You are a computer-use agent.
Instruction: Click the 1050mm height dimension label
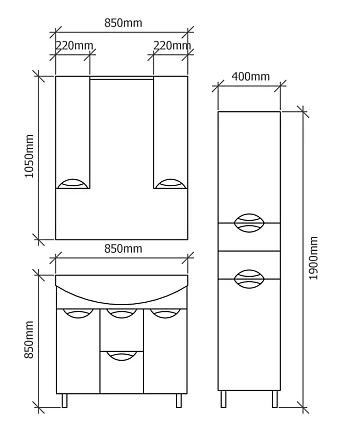pyautogui.click(x=30, y=156)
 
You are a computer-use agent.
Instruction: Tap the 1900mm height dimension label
pyautogui.click(x=314, y=258)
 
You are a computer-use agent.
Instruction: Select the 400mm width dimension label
pyautogui.click(x=251, y=76)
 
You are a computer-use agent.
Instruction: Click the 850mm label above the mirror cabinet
pyautogui.click(x=123, y=23)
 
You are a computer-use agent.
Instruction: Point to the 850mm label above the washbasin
pyautogui.click(x=123, y=249)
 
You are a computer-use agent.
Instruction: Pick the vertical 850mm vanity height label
pyautogui.click(x=29, y=340)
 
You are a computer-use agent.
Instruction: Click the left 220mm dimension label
pyautogui.click(x=74, y=45)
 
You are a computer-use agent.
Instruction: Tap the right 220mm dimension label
pyautogui.click(x=172, y=45)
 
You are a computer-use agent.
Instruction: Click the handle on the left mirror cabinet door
pyautogui.click(x=73, y=184)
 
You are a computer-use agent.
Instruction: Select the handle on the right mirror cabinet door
pyautogui.click(x=170, y=184)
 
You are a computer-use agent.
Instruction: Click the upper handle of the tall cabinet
pyautogui.click(x=249, y=223)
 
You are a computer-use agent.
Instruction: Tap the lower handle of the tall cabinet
pyautogui.click(x=249, y=279)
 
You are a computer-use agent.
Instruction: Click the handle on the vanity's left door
pyautogui.click(x=78, y=313)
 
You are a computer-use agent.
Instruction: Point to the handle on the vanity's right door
pyautogui.click(x=166, y=313)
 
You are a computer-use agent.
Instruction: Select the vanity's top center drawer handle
pyautogui.click(x=122, y=313)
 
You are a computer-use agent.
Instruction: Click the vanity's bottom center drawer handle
pyautogui.click(x=122, y=356)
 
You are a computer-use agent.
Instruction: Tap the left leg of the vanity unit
pyautogui.click(x=64, y=400)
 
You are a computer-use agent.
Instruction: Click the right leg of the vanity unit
pyautogui.click(x=179, y=400)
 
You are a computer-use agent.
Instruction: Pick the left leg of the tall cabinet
pyautogui.click(x=223, y=399)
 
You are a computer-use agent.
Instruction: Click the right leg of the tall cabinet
pyautogui.click(x=275, y=399)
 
